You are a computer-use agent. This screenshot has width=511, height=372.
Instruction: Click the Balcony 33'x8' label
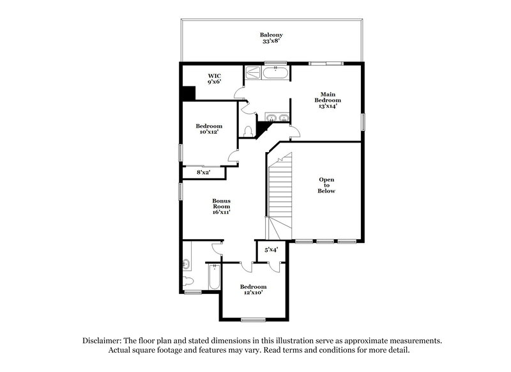[x=271, y=38]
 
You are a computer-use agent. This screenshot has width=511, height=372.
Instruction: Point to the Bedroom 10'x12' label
[x=209, y=129]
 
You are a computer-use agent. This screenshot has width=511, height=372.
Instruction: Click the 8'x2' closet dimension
[x=203, y=172]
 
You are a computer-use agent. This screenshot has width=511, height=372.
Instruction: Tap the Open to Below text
[x=326, y=185]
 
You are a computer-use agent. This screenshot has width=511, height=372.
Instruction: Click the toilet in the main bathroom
[x=248, y=130]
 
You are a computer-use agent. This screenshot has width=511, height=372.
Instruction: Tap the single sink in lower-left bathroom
[x=186, y=263]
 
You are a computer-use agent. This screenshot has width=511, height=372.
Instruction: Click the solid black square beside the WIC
[x=188, y=93]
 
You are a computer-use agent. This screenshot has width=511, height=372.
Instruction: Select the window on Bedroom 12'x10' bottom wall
[x=253, y=319]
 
